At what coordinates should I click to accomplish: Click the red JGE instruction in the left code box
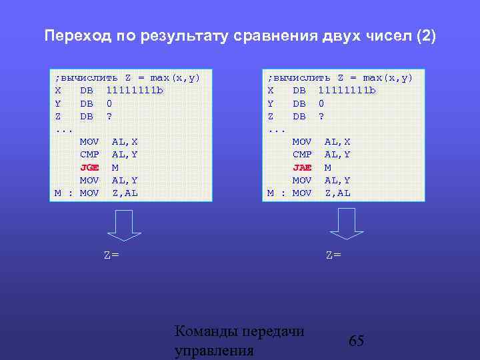tap(89, 167)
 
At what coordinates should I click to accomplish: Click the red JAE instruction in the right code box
tap(302, 167)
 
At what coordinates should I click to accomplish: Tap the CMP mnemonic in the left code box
tap(89, 155)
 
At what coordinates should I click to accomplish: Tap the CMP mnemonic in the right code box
tap(302, 155)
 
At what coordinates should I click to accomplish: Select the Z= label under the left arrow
tap(111, 255)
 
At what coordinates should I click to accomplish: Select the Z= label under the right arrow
tap(333, 255)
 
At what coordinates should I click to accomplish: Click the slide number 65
tap(357, 341)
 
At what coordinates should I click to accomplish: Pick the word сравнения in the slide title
tap(267, 35)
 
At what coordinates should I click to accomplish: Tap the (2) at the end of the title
tap(425, 35)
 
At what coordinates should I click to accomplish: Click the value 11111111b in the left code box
tap(135, 91)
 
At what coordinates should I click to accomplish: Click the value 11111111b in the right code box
tap(347, 91)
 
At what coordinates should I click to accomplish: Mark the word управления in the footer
tap(213, 351)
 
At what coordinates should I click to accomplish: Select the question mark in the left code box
tap(109, 116)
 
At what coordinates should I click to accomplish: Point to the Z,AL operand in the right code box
tap(337, 193)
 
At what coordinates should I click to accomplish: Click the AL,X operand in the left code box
tap(125, 142)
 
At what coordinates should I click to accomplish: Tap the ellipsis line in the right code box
tap(276, 129)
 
